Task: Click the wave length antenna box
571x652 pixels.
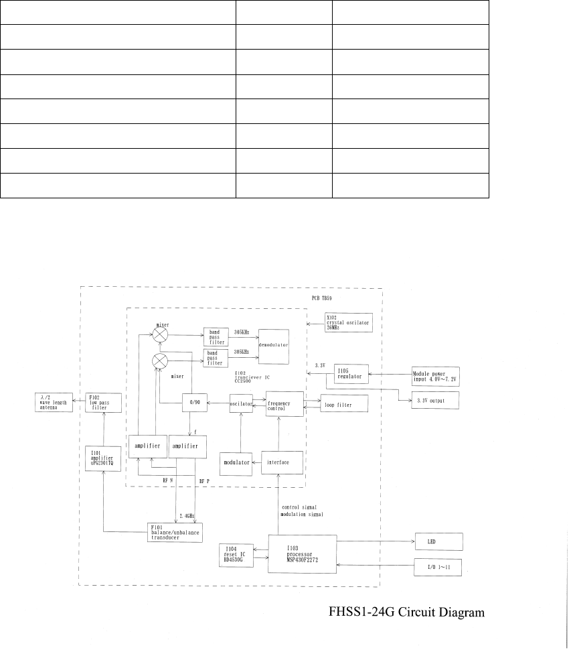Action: click(x=52, y=403)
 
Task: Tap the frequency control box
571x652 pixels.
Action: click(x=284, y=405)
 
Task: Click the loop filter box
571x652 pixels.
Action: click(x=344, y=405)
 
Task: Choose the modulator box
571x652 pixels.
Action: click(x=238, y=462)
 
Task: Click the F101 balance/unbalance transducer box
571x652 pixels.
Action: click(x=175, y=531)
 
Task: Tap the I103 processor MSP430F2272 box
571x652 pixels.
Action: click(x=302, y=553)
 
